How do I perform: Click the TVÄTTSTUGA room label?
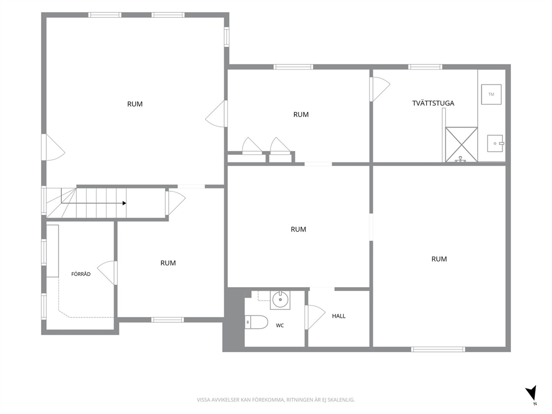pos(433,103)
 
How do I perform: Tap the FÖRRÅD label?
pos(81,274)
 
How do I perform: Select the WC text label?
pos(280,326)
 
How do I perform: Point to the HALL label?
pos(339,316)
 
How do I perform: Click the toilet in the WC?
pos(257,322)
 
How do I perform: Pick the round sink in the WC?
pos(280,299)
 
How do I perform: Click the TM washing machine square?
pos(491,94)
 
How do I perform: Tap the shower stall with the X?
pos(461,144)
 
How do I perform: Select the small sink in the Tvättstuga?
pos(496,143)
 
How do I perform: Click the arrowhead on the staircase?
pos(124,203)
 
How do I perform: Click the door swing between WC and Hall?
pos(315,317)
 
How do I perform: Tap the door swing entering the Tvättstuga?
pos(380,90)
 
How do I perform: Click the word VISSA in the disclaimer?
pos(203,400)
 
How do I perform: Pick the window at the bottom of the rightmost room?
pos(438,349)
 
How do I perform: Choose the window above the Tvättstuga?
pos(425,67)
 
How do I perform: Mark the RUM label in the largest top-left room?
pos(135,104)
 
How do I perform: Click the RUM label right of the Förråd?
pos(168,263)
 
